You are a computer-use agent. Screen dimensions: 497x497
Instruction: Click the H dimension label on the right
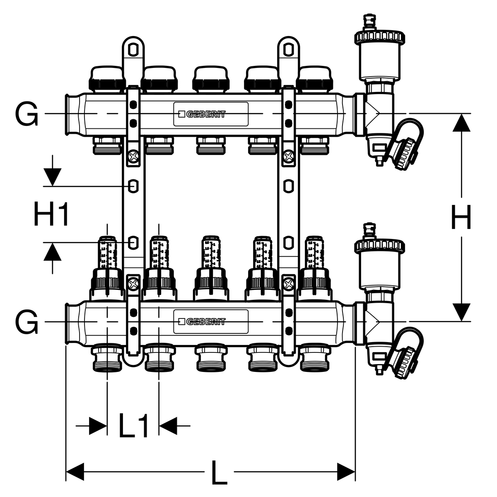click(x=461, y=218)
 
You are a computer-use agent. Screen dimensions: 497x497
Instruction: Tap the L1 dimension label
click(x=133, y=425)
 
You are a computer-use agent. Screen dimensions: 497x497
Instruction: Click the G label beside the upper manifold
click(x=27, y=113)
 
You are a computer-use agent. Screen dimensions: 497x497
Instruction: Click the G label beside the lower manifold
click(x=27, y=322)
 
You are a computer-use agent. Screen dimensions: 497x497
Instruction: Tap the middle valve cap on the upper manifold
click(x=212, y=79)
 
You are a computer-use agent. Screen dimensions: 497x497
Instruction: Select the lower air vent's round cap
click(x=379, y=246)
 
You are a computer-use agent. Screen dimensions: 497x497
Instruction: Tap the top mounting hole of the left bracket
click(x=133, y=49)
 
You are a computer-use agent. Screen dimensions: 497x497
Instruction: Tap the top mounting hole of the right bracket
click(x=287, y=49)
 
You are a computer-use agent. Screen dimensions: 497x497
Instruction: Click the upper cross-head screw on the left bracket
click(x=133, y=157)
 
